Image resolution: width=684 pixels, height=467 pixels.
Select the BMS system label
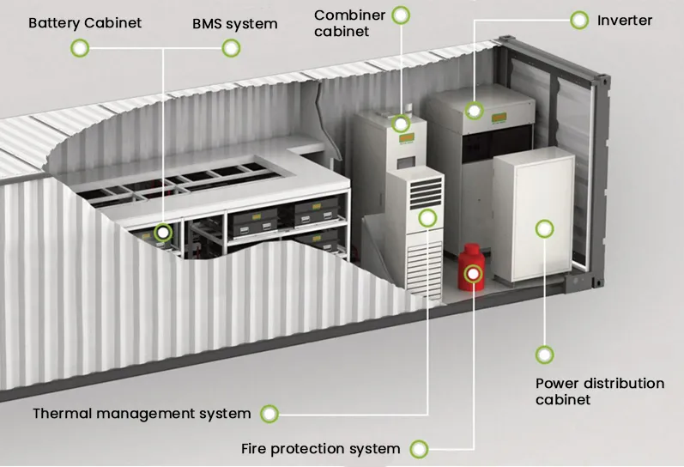tap(234, 24)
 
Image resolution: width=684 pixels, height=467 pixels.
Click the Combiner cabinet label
tap(349, 23)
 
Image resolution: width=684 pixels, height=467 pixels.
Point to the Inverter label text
tap(624, 19)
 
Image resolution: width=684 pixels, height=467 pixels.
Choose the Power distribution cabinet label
tap(599, 391)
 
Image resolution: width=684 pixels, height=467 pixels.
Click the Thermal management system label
tap(142, 414)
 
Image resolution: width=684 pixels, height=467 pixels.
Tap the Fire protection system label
tap(320, 448)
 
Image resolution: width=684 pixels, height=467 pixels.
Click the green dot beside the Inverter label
tap(580, 19)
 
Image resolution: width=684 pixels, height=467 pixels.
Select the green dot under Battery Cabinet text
tap(79, 48)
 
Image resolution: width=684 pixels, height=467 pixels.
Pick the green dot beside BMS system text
tap(231, 48)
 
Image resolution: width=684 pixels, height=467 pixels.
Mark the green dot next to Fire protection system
tap(419, 448)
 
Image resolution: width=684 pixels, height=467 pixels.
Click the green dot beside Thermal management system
tap(269, 414)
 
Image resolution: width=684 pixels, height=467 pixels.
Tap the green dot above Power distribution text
tap(544, 354)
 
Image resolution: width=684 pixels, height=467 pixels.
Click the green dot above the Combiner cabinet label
tap(400, 15)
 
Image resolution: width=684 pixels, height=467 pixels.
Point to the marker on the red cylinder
tap(472, 274)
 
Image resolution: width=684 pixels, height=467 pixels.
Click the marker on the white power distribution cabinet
tap(544, 228)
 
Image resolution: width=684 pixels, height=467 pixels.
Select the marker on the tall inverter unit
tap(474, 110)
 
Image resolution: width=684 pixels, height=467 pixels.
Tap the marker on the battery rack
tap(163, 232)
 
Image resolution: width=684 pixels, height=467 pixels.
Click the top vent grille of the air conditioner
tap(422, 194)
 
